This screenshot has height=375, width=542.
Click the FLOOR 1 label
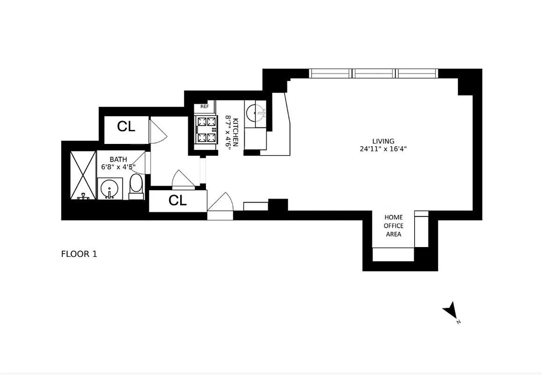pos(79,254)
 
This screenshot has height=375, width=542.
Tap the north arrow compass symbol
pos(450,311)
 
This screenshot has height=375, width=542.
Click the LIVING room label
pos(383,141)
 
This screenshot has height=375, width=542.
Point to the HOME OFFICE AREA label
pos(393,225)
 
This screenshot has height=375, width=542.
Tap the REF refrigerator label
pos(205,106)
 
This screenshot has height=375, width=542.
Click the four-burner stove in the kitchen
pos(206,130)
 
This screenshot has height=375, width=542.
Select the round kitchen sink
pos(256,112)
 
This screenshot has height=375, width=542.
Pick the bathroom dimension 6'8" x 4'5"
pos(118,167)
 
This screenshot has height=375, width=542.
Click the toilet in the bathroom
pos(136,186)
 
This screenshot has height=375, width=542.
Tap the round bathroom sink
pos(110,188)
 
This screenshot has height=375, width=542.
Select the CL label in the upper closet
pos(126,127)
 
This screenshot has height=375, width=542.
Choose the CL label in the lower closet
pos(177,201)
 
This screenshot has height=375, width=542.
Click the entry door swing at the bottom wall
pos(220,204)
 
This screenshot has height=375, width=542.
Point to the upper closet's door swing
pos(158,131)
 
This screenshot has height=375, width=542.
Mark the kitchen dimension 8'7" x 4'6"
pos(228,132)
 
